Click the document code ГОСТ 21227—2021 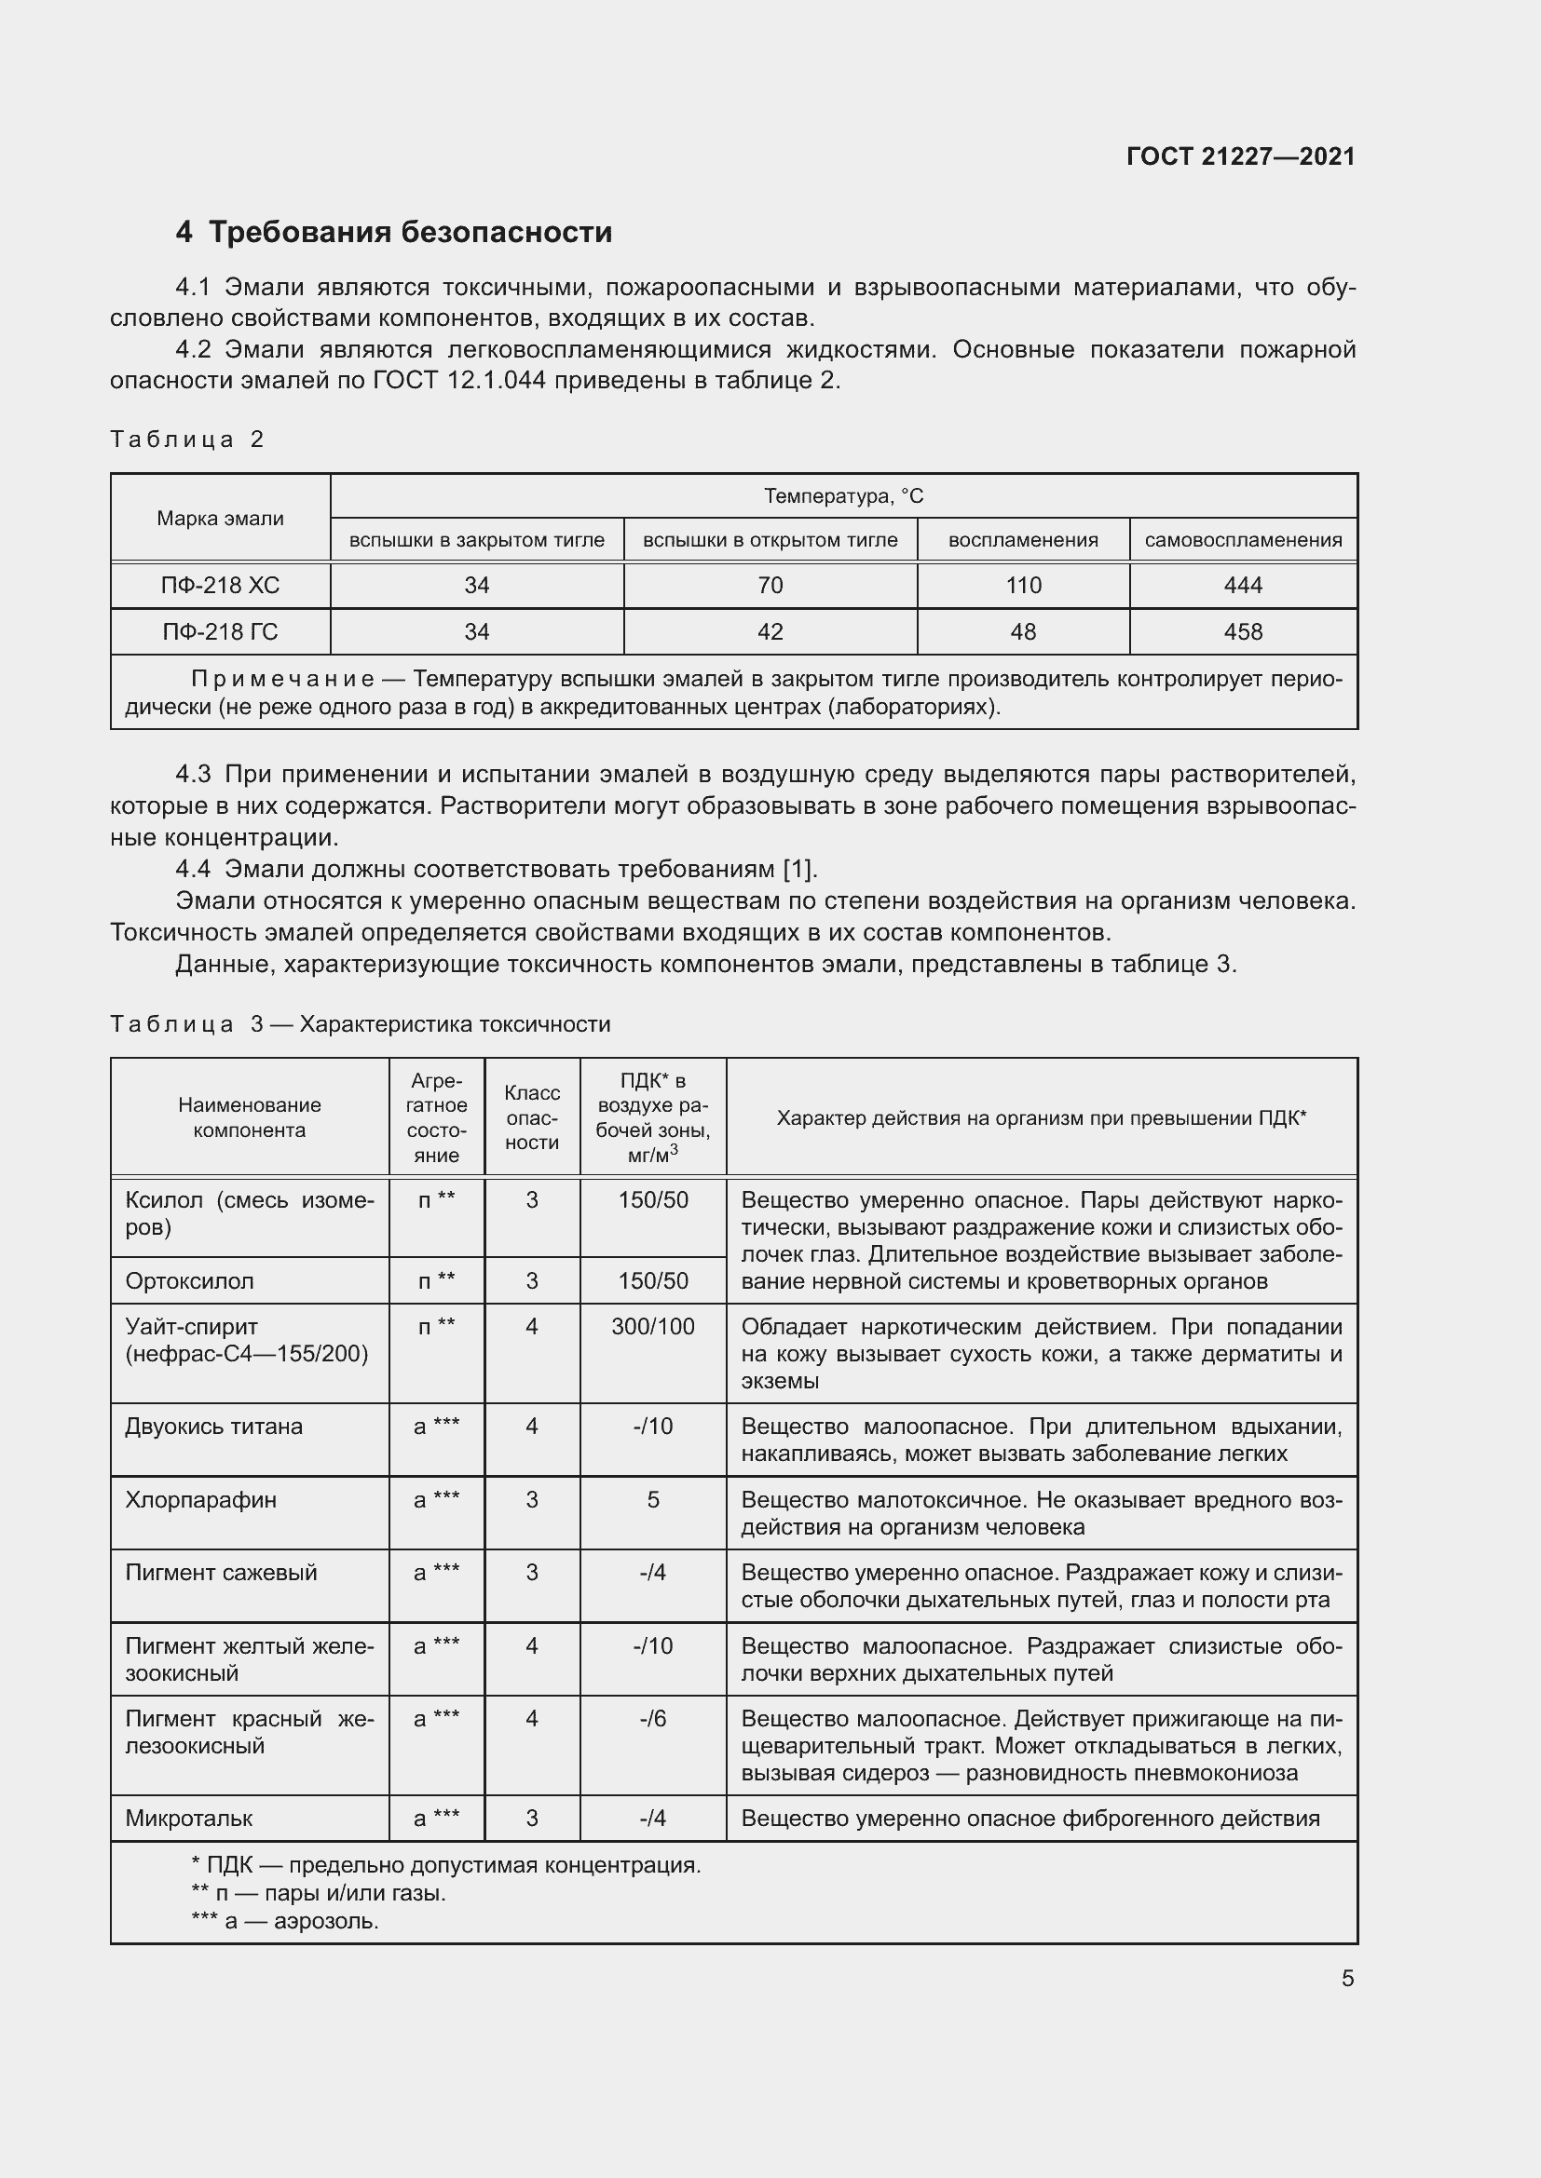click(1240, 156)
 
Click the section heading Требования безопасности click(410, 232)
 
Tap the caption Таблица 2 click(187, 440)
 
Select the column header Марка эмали click(220, 518)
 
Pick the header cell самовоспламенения click(1243, 540)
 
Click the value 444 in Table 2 click(1243, 586)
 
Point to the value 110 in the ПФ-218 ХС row click(1023, 586)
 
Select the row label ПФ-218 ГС click(220, 631)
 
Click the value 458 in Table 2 click(1243, 631)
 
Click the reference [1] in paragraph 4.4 click(798, 869)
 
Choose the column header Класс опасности click(531, 1117)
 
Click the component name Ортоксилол click(190, 1280)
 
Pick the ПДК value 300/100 click(653, 1326)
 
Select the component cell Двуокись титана click(213, 1426)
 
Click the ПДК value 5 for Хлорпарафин click(653, 1500)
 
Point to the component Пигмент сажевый click(221, 1572)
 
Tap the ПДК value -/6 click(653, 1718)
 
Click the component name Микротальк click(189, 1819)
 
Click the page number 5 click(1347, 1978)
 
